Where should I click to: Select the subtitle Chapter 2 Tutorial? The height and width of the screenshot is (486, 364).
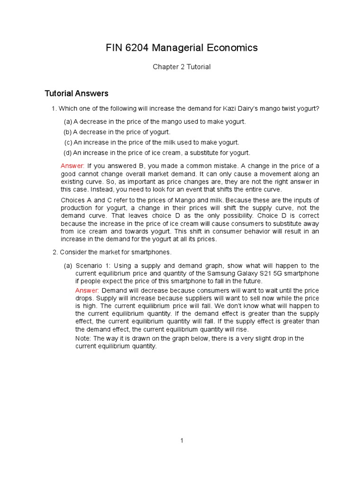(x=182, y=67)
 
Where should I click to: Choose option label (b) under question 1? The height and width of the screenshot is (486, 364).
(x=67, y=132)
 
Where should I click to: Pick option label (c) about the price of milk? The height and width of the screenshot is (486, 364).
(x=68, y=142)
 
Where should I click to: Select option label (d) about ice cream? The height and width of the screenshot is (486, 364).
(x=67, y=153)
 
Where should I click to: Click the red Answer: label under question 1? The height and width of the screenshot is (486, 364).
(x=73, y=166)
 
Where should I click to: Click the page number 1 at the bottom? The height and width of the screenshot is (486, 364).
(x=182, y=441)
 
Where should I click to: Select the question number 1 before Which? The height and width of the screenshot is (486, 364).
(x=54, y=109)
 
